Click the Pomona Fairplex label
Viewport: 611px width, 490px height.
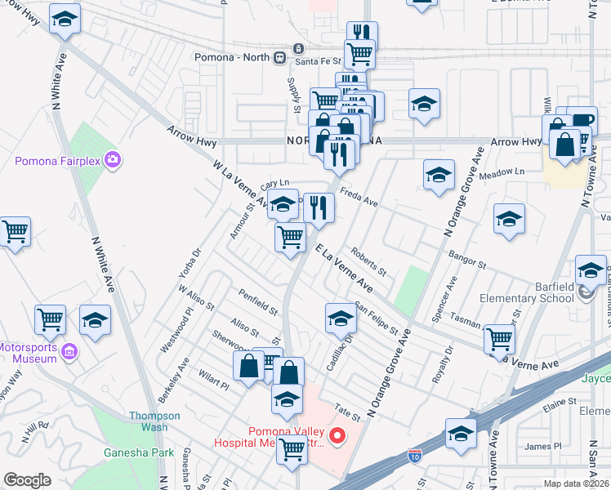[57, 161]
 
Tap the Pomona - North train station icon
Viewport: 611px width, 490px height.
[279, 57]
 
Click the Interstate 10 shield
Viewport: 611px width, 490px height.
[416, 452]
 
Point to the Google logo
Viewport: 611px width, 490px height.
[28, 480]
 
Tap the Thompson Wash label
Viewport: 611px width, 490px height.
[149, 421]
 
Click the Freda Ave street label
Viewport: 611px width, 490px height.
[359, 199]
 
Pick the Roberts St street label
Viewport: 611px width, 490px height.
[368, 261]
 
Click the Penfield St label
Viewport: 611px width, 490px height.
[258, 301]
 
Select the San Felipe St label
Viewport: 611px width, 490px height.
[377, 320]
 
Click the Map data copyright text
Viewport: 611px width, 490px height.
[578, 483]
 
